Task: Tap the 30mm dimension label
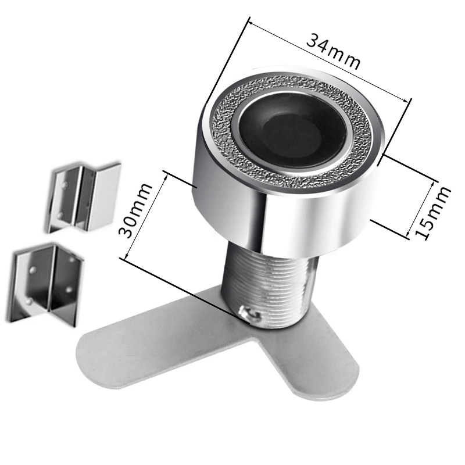[135, 210]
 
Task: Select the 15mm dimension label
[433, 213]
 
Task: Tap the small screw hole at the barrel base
[248, 313]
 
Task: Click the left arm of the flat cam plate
[148, 347]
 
